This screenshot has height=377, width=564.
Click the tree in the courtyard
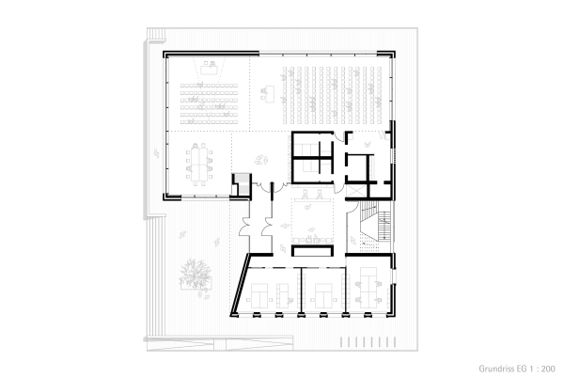[196, 274]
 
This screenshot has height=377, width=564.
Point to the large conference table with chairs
[198, 164]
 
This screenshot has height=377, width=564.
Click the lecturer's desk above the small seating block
[209, 69]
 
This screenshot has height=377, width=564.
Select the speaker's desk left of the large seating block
[268, 93]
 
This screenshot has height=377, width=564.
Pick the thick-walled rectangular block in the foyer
[312, 251]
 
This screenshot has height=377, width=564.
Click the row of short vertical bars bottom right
[368, 342]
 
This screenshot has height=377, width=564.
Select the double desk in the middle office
[323, 296]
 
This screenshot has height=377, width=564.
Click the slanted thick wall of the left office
[240, 284]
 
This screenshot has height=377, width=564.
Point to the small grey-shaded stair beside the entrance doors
[241, 184]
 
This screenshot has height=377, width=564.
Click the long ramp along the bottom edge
[220, 344]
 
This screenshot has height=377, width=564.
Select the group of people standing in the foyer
[260, 160]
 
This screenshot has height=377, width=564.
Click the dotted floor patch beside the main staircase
[369, 245]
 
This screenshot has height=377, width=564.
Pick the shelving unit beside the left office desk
[282, 295]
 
